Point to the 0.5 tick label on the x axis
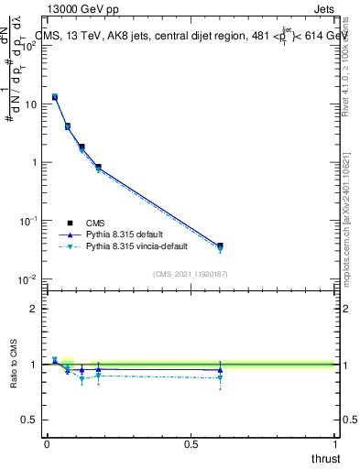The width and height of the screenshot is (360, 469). click(191, 443)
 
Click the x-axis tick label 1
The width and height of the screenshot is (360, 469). click(335, 443)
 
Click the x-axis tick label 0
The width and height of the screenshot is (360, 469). click(47, 443)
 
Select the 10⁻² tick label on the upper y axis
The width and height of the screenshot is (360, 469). click(27, 279)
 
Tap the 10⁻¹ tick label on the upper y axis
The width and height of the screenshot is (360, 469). click(27, 221)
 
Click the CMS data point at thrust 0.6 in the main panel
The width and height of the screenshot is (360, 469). click(220, 245)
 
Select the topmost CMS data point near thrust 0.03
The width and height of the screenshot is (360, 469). click(55, 96)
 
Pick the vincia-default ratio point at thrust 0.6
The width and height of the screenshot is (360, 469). click(220, 377)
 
